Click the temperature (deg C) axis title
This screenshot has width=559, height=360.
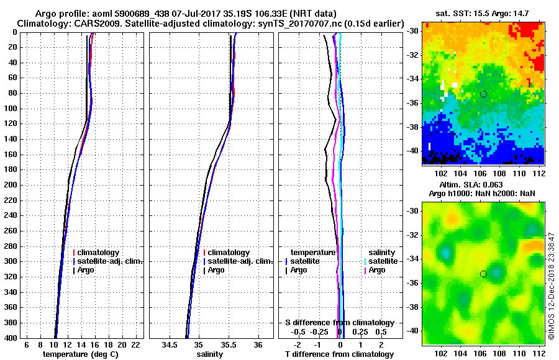80,354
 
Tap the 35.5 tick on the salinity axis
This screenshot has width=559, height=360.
229,345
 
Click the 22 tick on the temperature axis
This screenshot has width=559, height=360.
135,345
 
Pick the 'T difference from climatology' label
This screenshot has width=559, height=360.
339,354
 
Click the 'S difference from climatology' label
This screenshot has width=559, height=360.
339,323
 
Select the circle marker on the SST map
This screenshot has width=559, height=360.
483,94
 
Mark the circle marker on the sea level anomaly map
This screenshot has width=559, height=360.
483,274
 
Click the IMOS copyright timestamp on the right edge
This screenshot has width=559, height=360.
551,286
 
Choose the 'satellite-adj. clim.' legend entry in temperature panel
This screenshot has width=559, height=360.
110,261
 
